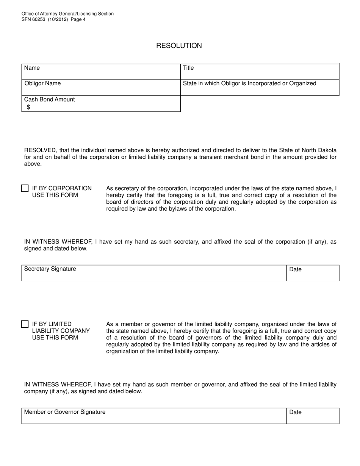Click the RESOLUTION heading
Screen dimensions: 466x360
coord(179,46)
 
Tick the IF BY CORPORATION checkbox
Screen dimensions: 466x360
coord(25,188)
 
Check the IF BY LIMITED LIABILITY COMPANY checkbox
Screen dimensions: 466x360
coord(25,324)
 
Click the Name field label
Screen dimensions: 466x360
coord(32,68)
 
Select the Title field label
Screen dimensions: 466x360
coord(188,68)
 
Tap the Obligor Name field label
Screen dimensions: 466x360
coord(42,83)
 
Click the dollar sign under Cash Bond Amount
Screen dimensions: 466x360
coord(28,107)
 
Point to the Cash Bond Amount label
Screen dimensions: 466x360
coord(49,99)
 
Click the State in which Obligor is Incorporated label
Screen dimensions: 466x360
coord(249,83)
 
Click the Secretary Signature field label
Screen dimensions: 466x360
coord(50,269)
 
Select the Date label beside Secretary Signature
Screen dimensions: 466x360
coord(295,269)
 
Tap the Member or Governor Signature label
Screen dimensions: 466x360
coord(65,412)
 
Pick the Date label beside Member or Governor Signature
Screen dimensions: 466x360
coord(295,412)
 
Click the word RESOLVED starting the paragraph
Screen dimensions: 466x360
coord(41,150)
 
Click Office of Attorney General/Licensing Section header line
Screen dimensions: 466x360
coord(67,14)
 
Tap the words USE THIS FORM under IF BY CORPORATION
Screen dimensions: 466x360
coord(55,195)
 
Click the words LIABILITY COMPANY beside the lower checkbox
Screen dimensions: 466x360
coord(61,331)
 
